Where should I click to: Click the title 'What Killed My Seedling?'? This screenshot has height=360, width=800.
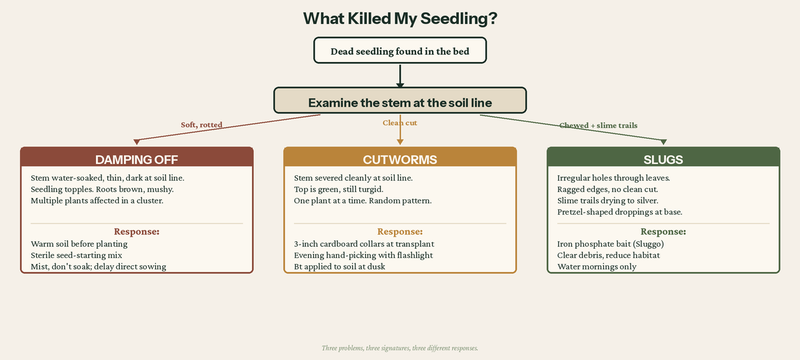400,18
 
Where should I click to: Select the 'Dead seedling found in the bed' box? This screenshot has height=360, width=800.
400,51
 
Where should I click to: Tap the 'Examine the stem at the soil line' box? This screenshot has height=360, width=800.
400,101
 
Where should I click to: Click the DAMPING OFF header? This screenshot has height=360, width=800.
137,159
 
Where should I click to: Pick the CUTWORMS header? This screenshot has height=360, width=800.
400,159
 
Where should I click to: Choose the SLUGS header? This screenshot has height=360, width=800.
663,159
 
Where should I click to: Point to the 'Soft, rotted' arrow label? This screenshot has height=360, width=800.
201,125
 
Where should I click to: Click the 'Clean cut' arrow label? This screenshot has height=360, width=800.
400,123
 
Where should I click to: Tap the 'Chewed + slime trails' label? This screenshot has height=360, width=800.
598,125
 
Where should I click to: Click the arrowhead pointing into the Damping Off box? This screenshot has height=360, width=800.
137,141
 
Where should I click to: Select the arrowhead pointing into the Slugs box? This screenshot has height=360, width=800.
663,141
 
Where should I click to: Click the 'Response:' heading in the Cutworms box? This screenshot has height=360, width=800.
400,231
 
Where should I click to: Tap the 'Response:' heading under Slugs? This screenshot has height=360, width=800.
663,231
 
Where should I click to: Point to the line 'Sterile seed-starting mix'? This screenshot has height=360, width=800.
77,255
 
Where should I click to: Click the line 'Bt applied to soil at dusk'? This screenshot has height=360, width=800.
339,267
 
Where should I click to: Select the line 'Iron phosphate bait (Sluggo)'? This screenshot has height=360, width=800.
610,244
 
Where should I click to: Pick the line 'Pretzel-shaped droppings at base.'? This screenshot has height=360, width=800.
619,212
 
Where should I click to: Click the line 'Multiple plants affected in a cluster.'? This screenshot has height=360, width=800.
97,201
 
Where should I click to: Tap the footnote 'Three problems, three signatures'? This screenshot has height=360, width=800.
400,348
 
